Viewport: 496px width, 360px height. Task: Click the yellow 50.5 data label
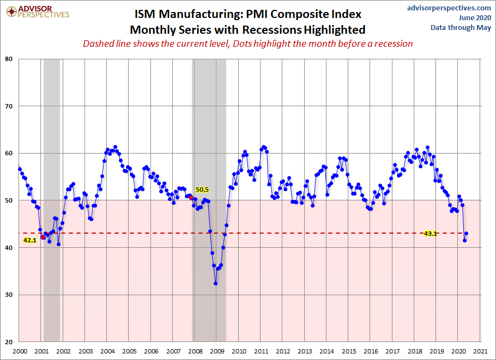202,190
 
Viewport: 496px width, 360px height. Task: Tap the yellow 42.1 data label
30,240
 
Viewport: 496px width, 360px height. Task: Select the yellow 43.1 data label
430,234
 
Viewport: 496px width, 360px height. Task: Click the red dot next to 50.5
191,198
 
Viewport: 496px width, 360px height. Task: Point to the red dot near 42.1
43,237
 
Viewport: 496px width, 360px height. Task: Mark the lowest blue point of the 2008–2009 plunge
216,284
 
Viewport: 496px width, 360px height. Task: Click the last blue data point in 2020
466,234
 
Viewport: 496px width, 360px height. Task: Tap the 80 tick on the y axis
9,59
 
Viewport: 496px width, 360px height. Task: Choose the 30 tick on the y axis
9,295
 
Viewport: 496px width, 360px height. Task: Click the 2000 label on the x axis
20,351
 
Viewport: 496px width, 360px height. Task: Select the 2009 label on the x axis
217,351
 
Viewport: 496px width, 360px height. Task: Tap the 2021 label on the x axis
481,351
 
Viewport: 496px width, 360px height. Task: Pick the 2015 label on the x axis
349,351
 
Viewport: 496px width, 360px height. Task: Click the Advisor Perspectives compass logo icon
11,12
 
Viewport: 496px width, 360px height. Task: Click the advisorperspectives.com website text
449,8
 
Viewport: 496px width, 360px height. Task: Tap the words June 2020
475,17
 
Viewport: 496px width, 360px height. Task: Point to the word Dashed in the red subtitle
95,44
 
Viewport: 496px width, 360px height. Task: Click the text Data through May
461,28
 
